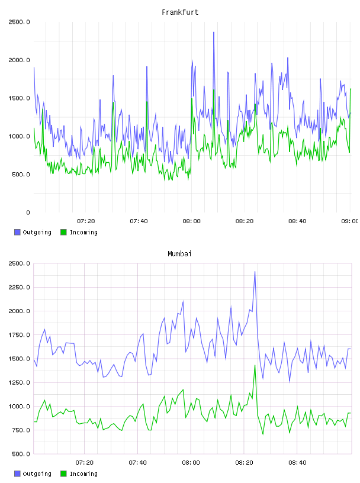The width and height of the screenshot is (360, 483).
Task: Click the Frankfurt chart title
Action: pyautogui.click(x=180, y=12)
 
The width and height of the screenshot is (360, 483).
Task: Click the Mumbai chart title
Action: pyautogui.click(x=179, y=254)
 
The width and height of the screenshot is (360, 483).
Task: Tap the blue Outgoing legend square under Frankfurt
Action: pyautogui.click(x=17, y=232)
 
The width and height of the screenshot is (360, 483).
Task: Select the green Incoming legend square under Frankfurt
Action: pyautogui.click(x=63, y=232)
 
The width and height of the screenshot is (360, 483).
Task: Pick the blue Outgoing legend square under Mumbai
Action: pyautogui.click(x=17, y=474)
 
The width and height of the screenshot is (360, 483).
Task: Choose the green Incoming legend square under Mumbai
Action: pyautogui.click(x=63, y=474)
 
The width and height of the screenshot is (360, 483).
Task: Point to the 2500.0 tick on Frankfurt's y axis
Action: pyautogui.click(x=19, y=22)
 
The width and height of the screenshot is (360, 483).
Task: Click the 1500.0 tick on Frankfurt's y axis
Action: pyautogui.click(x=19, y=98)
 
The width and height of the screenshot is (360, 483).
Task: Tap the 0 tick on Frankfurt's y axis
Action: pyautogui.click(x=28, y=212)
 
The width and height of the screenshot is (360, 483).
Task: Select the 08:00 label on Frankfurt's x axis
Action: pyautogui.click(x=191, y=221)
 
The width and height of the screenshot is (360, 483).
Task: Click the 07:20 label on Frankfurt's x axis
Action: pyautogui.click(x=86, y=221)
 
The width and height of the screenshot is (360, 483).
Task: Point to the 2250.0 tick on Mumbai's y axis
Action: pyautogui.click(x=19, y=288)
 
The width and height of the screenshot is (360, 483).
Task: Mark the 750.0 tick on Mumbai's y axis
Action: pyautogui.click(x=21, y=430)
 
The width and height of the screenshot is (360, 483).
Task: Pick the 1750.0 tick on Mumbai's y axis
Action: pyautogui.click(x=19, y=335)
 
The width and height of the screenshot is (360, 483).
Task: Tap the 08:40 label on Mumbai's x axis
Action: pyautogui.click(x=297, y=463)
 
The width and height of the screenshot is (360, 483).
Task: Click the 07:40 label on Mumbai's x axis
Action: pyautogui.click(x=138, y=463)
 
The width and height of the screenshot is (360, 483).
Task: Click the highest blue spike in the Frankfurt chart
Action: pyautogui.click(x=214, y=33)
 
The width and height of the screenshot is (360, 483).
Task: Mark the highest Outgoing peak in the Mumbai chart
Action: pyautogui.click(x=255, y=272)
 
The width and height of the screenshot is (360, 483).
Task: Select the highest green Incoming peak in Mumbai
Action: pyautogui.click(x=255, y=365)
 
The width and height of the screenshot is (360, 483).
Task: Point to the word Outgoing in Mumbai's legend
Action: pyautogui.click(x=37, y=474)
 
